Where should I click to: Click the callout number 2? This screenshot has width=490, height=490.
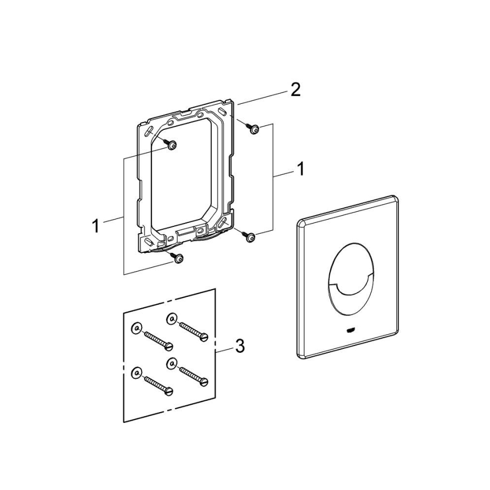click(x=295, y=90)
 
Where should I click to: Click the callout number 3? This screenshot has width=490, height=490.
click(x=240, y=346)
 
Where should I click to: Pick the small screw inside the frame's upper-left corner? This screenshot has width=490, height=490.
click(x=171, y=145)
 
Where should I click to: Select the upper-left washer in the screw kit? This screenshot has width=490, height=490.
click(x=135, y=328)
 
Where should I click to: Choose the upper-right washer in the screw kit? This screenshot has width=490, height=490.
click(x=170, y=320)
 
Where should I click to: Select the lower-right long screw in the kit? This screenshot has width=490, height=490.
click(x=194, y=374)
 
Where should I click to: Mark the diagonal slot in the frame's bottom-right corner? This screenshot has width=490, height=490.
click(x=225, y=222)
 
